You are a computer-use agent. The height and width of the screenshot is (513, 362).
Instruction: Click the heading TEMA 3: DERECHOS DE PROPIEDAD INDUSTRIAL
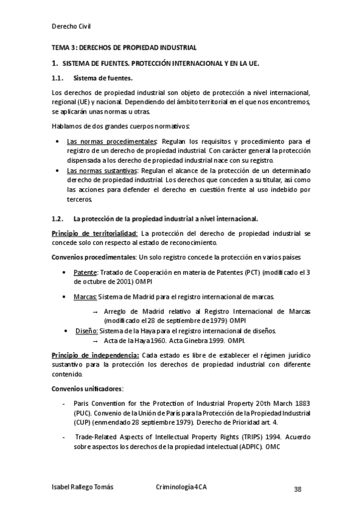tap(124, 47)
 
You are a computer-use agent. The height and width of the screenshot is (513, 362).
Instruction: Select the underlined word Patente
tap(85, 272)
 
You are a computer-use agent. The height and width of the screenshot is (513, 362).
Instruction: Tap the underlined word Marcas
tap(85, 297)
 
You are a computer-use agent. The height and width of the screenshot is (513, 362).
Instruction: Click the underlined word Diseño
tap(86, 331)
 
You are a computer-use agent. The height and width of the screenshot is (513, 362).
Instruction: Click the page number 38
tap(297, 489)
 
